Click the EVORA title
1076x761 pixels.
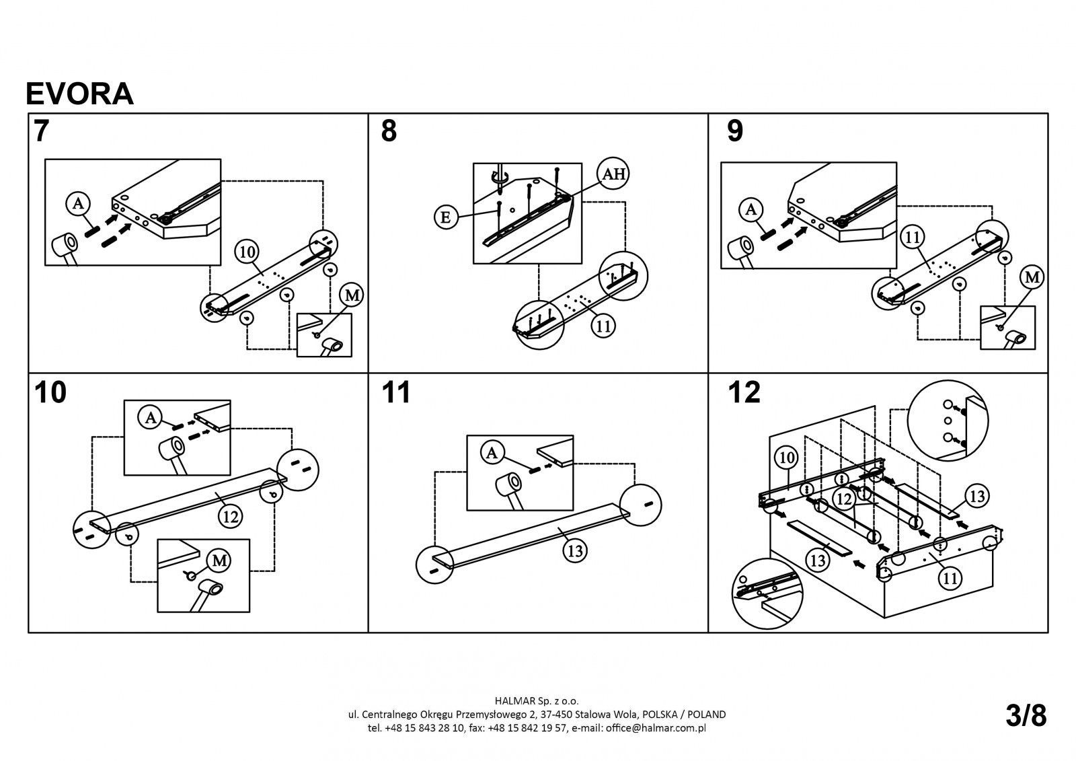(79, 94)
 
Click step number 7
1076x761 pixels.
(42, 131)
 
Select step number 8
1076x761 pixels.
(389, 131)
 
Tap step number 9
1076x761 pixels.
(735, 131)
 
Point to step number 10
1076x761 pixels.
(50, 392)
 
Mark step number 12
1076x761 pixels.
(744, 392)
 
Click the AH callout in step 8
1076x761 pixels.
(612, 174)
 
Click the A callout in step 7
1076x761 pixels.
(78, 203)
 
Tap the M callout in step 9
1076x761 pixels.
(1032, 276)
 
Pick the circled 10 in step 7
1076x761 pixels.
(247, 252)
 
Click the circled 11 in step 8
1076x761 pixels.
(603, 326)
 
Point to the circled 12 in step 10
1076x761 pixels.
(230, 517)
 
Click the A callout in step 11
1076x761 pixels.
(493, 454)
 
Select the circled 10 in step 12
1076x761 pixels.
(787, 458)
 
